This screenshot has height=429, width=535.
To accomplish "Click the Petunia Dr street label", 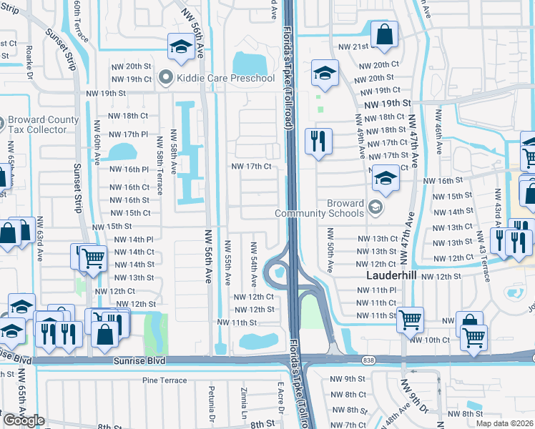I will click(x=212, y=404).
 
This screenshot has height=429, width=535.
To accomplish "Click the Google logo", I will click(x=23, y=420).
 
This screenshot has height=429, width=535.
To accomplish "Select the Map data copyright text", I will click(x=504, y=423).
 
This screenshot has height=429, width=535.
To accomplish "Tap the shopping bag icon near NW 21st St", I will click(x=384, y=34).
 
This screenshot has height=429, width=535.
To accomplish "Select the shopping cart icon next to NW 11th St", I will click(x=410, y=319).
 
